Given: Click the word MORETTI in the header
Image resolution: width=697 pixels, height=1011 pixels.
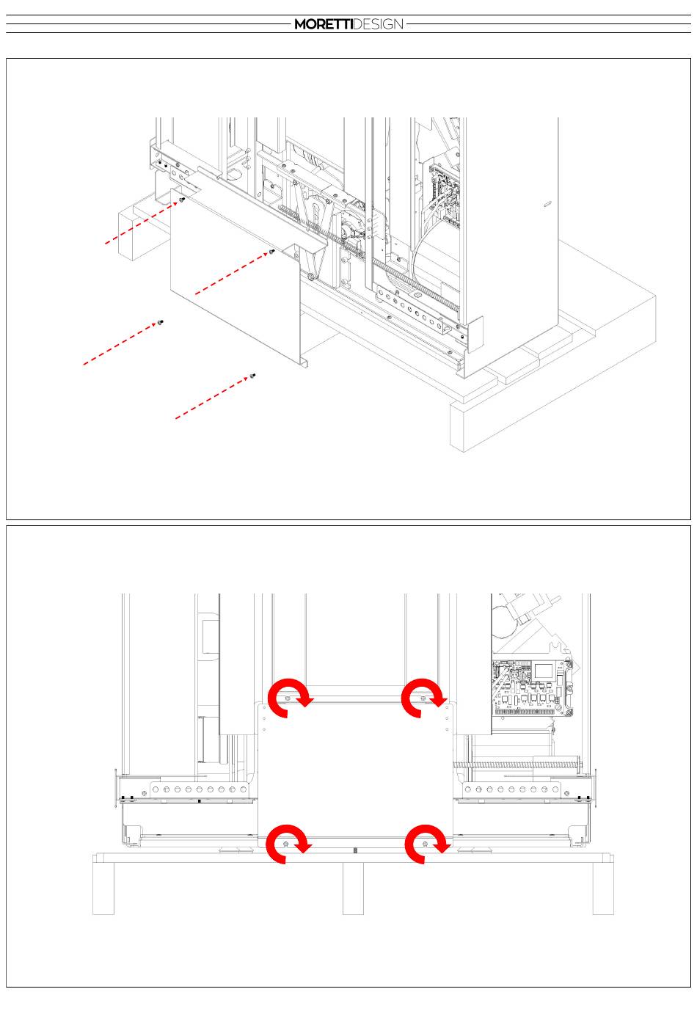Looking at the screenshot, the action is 323,24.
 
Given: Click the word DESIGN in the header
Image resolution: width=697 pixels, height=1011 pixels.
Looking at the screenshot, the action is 377,24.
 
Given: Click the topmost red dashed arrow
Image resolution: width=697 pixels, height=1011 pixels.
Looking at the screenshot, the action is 142,223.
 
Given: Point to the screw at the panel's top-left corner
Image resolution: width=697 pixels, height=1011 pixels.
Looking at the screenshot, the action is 183,199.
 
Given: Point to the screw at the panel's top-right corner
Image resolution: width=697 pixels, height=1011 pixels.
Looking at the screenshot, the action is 271,251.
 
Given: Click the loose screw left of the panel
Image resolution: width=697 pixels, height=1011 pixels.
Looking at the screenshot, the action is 160,322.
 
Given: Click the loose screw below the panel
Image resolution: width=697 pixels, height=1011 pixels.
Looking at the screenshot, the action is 253,376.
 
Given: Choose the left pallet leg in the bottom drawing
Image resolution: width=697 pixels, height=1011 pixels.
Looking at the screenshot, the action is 103,888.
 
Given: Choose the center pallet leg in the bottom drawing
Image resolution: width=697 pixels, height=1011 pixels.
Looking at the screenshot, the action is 353,888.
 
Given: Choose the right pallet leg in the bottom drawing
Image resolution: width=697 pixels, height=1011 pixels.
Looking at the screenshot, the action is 603,888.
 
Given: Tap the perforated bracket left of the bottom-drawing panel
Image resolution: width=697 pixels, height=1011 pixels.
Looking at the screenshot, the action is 199,789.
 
